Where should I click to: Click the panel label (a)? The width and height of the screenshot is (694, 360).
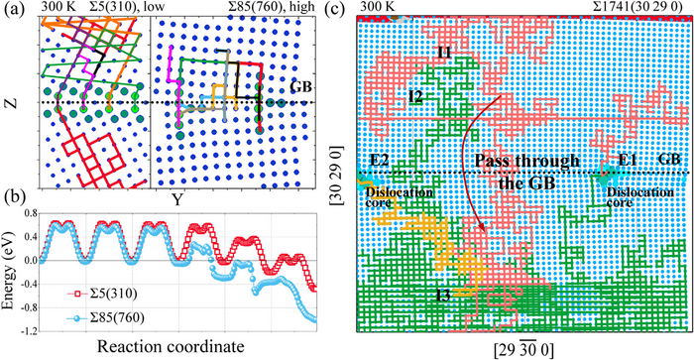tap(13, 8)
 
